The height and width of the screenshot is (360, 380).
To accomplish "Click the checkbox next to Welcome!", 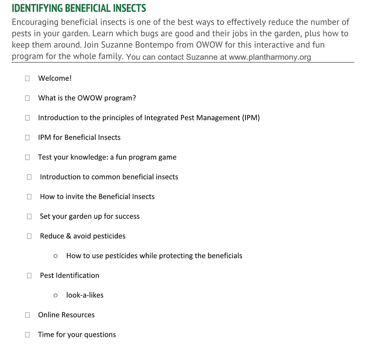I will [x=28, y=78].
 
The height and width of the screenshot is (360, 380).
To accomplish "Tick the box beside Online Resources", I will [x=28, y=315].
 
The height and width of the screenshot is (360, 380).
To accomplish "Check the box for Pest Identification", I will [x=29, y=276].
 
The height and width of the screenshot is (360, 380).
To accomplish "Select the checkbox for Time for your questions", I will [x=28, y=335].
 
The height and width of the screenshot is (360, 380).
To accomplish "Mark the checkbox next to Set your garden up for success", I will [x=29, y=217].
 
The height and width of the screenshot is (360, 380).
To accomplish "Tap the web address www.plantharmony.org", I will [x=270, y=57].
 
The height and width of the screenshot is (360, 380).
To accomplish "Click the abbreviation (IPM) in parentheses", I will [x=251, y=118].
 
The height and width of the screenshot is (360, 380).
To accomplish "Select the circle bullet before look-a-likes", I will [x=56, y=295].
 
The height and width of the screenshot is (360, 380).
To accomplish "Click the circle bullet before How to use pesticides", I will [x=56, y=256].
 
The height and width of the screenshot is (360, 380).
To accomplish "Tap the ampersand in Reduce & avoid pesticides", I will [x=69, y=236].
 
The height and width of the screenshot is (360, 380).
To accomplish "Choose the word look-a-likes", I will [x=85, y=295].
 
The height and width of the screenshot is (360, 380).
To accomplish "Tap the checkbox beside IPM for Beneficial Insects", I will [x=28, y=138].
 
